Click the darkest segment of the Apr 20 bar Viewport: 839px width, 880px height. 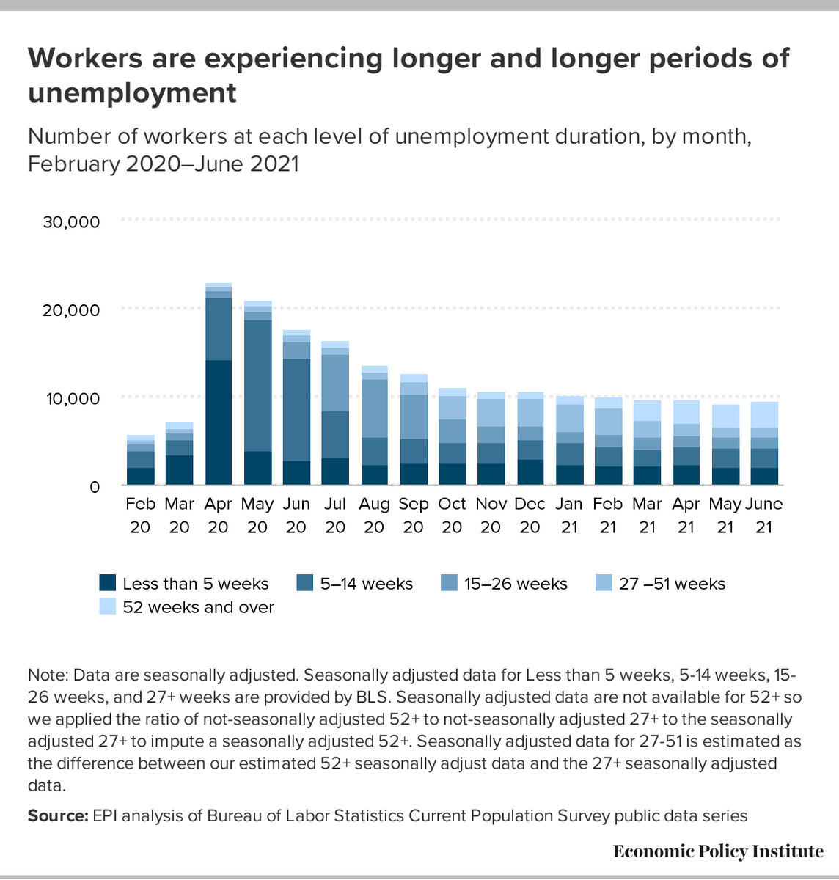tap(219, 422)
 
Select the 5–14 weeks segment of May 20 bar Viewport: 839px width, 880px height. tap(257, 386)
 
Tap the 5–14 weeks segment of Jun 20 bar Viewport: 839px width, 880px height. tap(296, 410)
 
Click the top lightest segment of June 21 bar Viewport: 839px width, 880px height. tap(764, 415)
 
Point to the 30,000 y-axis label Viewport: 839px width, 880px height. tap(71, 221)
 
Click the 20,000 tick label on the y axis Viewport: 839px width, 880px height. tap(71, 309)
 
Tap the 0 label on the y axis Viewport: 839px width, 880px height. tap(94, 486)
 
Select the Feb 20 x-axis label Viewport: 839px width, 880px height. tap(140, 515)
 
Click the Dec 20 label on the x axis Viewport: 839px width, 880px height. tap(530, 515)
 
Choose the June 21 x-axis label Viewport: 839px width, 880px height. tap(763, 515)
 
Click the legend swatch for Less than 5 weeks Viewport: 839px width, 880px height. tap(108, 584)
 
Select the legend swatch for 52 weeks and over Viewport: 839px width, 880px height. tap(108, 607)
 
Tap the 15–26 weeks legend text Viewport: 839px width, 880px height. tap(516, 584)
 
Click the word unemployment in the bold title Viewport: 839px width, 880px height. tap(132, 93)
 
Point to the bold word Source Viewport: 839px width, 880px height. tap(57, 815)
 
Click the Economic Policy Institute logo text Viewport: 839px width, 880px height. tap(718, 851)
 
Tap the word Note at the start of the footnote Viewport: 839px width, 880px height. tap(45, 675)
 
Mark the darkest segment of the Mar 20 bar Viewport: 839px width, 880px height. tap(180, 470)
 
